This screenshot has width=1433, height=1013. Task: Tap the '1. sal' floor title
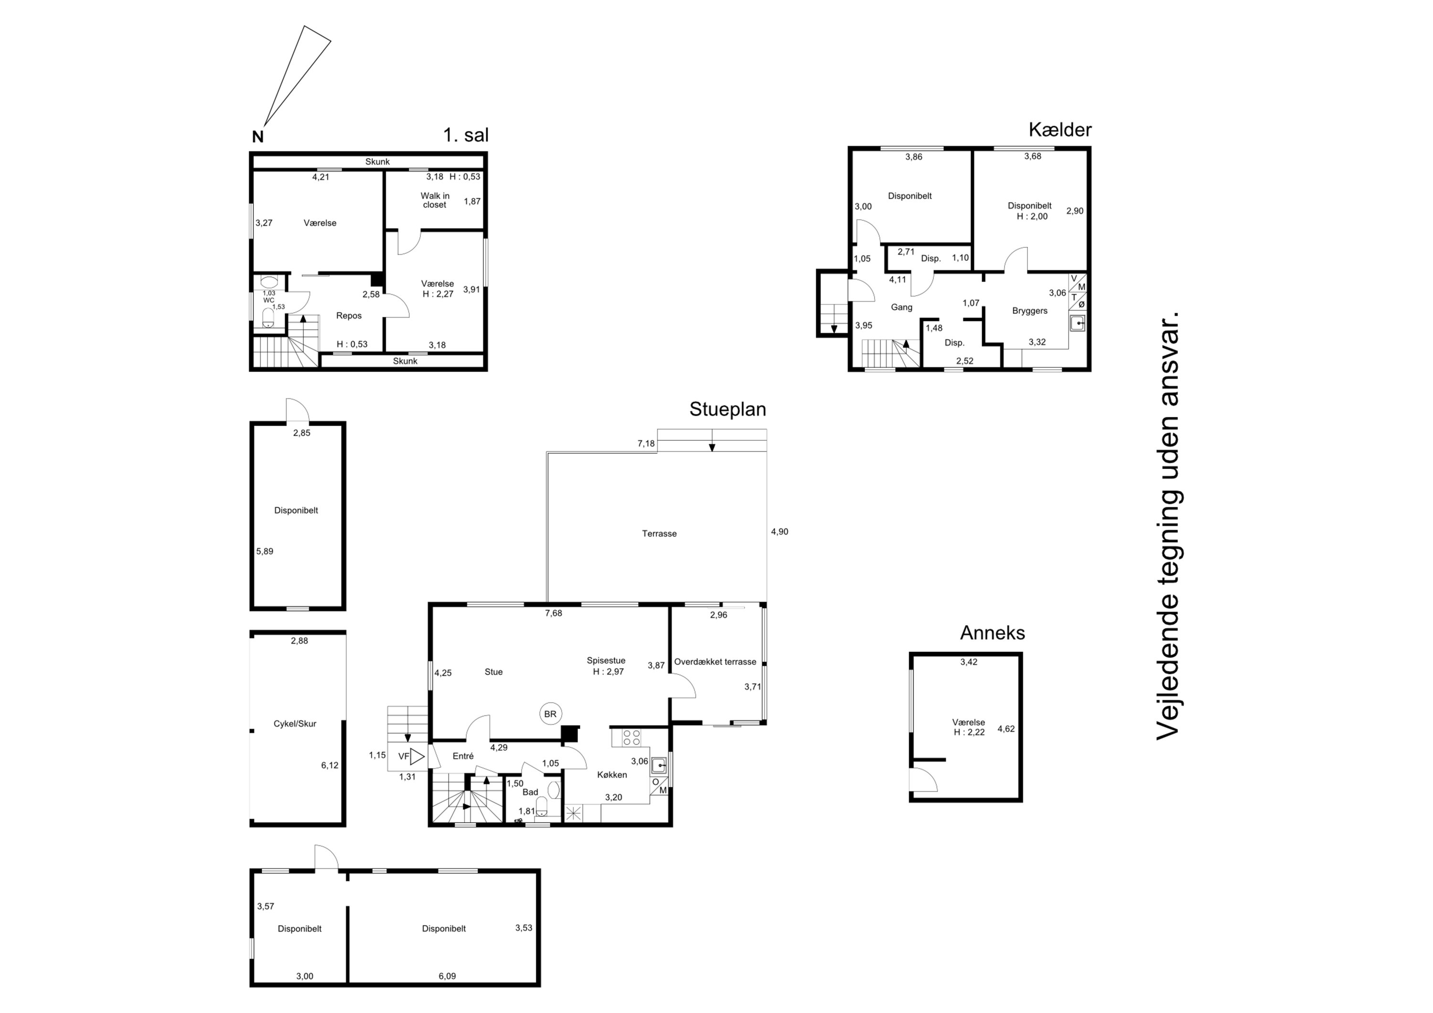point(466,135)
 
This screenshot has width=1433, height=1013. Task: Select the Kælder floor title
point(1060,130)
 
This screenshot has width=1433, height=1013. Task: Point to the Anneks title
point(993,633)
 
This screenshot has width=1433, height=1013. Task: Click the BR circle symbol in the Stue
point(550,714)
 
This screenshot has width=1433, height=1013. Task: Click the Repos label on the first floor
point(349,316)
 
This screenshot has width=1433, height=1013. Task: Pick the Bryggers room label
point(1030,311)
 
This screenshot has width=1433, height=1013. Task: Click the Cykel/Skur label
point(295,724)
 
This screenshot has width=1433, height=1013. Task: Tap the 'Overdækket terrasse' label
point(715,661)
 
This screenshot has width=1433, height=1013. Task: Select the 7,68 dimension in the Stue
point(554,613)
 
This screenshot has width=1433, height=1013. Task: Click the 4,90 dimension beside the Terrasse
point(780,532)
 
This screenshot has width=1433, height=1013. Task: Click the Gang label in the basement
point(901,307)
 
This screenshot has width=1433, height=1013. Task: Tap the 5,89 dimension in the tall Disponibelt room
point(265,551)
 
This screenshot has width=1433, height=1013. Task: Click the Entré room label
point(463,756)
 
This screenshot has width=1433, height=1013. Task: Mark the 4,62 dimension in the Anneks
point(1006,728)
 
